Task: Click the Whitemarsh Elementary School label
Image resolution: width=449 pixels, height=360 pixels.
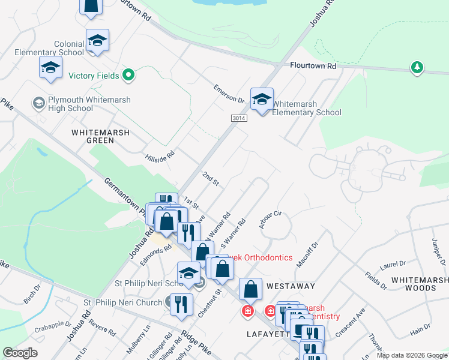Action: [x=307, y=108]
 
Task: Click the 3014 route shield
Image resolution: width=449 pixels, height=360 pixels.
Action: [x=239, y=119]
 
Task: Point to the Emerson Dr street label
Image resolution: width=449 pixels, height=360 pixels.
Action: [x=229, y=94]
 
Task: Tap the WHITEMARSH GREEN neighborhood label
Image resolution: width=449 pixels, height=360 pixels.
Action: [x=92, y=136]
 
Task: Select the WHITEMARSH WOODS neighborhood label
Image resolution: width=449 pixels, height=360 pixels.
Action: [x=419, y=284]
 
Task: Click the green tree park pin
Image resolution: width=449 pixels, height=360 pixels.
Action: [x=417, y=68]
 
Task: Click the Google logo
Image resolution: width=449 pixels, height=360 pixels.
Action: [x=20, y=353]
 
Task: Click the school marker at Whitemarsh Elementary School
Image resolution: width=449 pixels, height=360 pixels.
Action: [x=262, y=100]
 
